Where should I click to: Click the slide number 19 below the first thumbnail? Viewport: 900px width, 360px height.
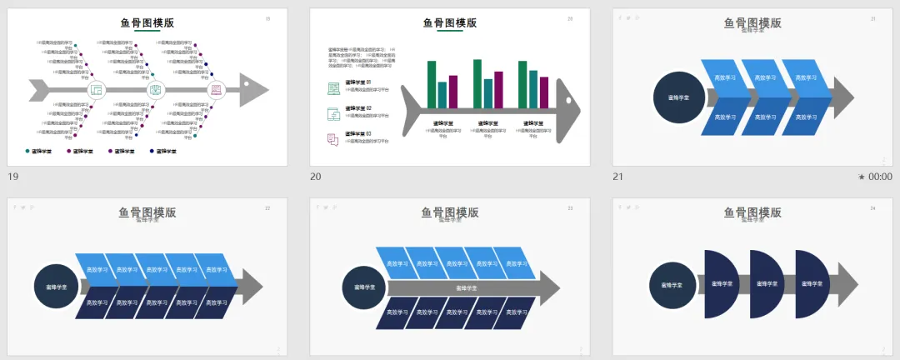coord(12,177)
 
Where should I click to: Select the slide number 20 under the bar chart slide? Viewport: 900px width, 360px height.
coord(316,177)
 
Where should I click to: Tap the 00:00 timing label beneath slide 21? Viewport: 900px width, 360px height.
coord(880,177)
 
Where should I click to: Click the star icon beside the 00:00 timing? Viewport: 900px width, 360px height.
coord(862,177)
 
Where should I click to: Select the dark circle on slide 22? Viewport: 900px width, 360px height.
coord(57,287)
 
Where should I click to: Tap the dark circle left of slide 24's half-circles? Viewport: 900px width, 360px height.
coord(672,284)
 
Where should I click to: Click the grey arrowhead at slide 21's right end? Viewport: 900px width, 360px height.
coord(843,97)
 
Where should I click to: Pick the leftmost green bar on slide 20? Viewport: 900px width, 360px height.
coord(432,83)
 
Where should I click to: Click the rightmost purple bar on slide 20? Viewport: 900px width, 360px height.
coord(544,92)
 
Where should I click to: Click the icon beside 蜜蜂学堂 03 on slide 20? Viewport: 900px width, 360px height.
coord(333,139)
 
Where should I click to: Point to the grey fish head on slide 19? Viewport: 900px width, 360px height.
coord(253,88)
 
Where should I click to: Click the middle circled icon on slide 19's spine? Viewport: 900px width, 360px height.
coord(156,89)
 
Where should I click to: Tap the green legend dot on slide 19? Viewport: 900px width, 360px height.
coord(27,151)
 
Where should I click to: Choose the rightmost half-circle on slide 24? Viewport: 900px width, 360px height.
coord(811,284)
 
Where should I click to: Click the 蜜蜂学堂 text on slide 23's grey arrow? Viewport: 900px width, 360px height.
coord(466,287)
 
